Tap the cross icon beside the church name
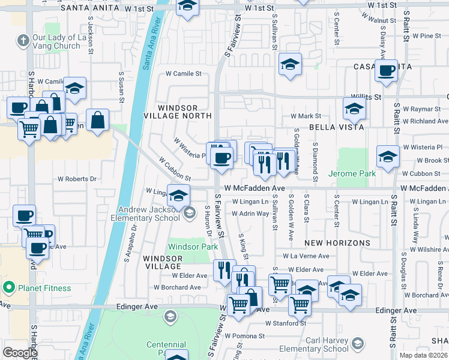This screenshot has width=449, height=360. (x=23, y=41)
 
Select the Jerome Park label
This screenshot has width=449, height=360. (x=352, y=173)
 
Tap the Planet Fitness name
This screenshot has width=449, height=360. (x=44, y=288)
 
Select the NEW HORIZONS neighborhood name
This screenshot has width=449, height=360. (x=337, y=243)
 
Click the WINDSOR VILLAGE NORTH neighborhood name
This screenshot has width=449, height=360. (x=178, y=111)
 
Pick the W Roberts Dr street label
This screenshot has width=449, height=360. (x=77, y=179)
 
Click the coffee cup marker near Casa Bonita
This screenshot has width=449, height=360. (x=385, y=71)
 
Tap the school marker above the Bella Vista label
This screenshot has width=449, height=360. (x=354, y=109)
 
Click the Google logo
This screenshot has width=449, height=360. (x=20, y=353)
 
